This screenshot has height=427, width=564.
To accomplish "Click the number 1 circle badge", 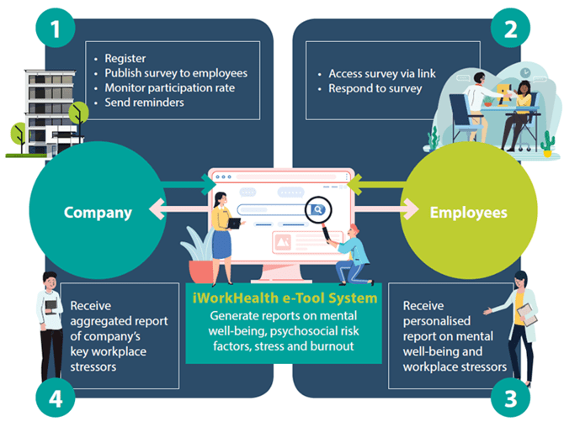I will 55,29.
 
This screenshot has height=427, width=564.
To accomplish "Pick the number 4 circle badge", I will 55,398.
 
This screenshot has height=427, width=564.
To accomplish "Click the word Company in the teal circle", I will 98,213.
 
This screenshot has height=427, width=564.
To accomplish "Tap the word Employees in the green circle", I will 469,213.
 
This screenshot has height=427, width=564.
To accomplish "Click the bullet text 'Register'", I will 125,59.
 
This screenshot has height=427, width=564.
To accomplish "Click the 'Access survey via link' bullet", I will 381,74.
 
